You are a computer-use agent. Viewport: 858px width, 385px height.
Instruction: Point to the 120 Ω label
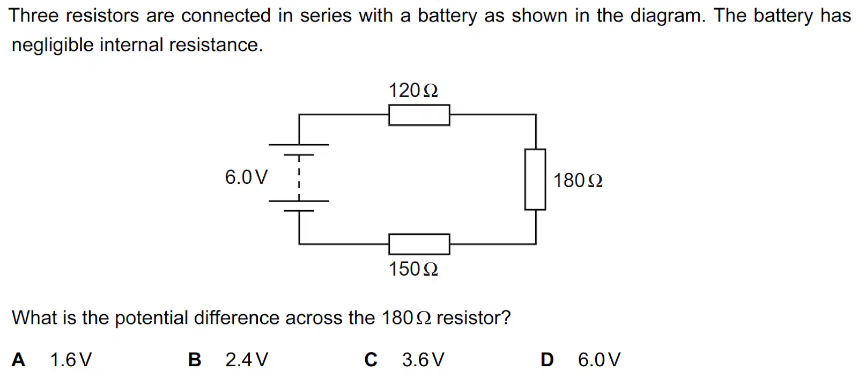click(x=413, y=91)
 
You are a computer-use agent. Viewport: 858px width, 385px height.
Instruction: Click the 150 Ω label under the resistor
click(x=413, y=269)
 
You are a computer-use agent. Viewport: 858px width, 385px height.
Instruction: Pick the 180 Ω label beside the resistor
click(x=578, y=180)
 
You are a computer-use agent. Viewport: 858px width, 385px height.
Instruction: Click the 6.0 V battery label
click(x=246, y=177)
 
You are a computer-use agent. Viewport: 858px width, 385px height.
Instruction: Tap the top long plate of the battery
click(x=299, y=145)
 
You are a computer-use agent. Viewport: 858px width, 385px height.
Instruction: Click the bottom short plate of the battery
click(x=299, y=211)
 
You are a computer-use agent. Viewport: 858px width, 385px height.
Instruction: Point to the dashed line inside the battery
click(x=299, y=178)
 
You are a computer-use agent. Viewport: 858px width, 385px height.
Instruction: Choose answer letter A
click(x=18, y=360)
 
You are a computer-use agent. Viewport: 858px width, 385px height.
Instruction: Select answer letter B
click(x=195, y=360)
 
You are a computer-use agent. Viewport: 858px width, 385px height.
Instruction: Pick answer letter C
click(x=371, y=360)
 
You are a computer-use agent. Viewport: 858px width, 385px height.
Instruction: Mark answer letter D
click(x=547, y=360)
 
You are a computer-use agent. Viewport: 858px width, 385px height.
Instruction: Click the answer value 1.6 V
click(x=71, y=360)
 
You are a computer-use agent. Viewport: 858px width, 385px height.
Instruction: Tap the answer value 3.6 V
click(x=423, y=360)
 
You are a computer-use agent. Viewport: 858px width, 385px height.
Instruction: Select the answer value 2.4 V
click(x=247, y=360)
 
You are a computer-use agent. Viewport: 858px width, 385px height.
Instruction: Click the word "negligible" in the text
click(x=53, y=45)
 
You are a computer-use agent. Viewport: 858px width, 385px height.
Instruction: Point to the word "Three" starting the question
click(x=34, y=16)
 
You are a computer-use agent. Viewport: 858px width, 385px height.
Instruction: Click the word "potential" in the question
click(x=151, y=319)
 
